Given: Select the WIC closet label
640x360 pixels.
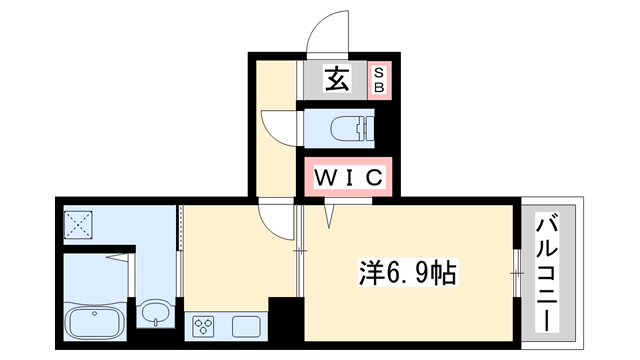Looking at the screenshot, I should click(x=349, y=179).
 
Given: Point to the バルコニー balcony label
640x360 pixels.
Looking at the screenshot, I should click(x=548, y=270).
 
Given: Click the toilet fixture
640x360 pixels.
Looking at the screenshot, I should click(x=346, y=128).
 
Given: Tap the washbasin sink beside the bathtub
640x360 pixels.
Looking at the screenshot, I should click(x=154, y=315).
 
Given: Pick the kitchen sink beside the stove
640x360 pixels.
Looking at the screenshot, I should click(x=246, y=324).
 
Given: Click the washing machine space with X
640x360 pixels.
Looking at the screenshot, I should click(x=78, y=225).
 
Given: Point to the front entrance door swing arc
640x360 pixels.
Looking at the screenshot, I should click(x=326, y=35).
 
